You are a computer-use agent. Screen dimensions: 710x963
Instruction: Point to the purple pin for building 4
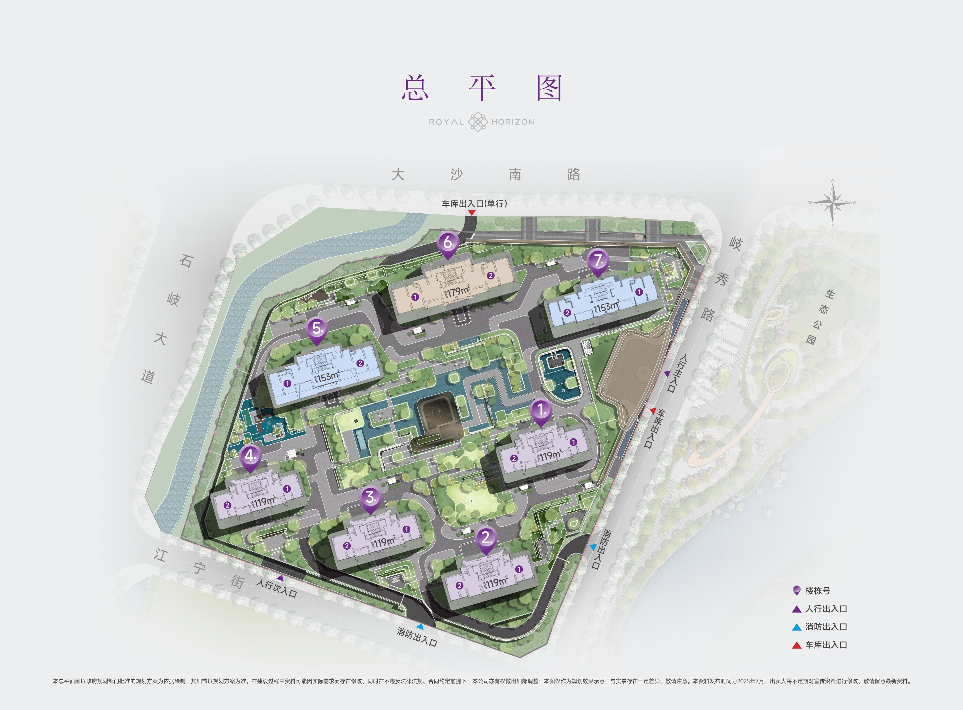tap(250, 456)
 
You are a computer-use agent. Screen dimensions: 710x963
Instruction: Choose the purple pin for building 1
tap(541, 410)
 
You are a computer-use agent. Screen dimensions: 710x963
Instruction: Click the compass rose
tap(833, 202)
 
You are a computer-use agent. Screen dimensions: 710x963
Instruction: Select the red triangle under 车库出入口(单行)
tap(471, 213)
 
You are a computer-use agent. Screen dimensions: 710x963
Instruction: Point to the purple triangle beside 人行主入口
tap(667, 374)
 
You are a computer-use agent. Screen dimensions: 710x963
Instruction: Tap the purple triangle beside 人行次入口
tap(280, 578)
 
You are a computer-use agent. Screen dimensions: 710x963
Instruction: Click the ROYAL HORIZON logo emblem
tap(477, 122)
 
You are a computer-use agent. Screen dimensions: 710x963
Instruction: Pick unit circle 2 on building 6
tap(491, 275)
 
